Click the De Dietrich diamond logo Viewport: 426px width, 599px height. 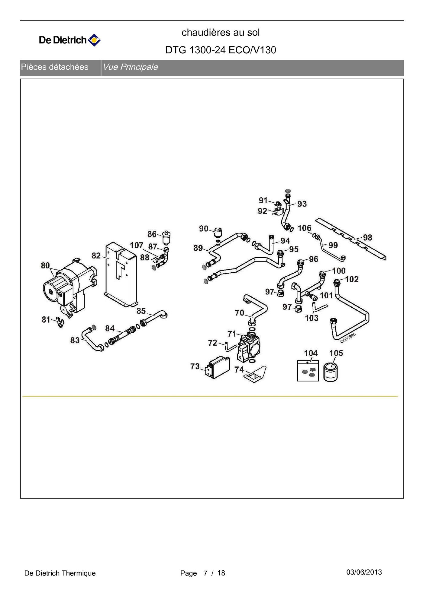(x=94, y=40)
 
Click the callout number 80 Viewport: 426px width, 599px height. (x=45, y=265)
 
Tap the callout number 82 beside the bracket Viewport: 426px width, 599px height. (x=96, y=256)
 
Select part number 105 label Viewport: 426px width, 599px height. (x=336, y=353)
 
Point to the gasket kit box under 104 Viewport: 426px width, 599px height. (x=308, y=371)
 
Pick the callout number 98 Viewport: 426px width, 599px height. (x=367, y=238)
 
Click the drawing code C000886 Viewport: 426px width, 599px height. (x=348, y=338)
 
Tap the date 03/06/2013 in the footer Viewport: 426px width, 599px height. (x=364, y=572)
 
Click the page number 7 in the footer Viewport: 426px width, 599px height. (x=205, y=573)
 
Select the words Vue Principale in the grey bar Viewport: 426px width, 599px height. (x=130, y=67)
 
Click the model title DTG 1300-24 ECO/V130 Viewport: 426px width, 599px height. (x=221, y=50)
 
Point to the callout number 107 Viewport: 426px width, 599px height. (x=137, y=245)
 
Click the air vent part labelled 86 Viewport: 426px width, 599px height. (x=166, y=237)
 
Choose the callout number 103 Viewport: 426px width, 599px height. (x=311, y=318)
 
